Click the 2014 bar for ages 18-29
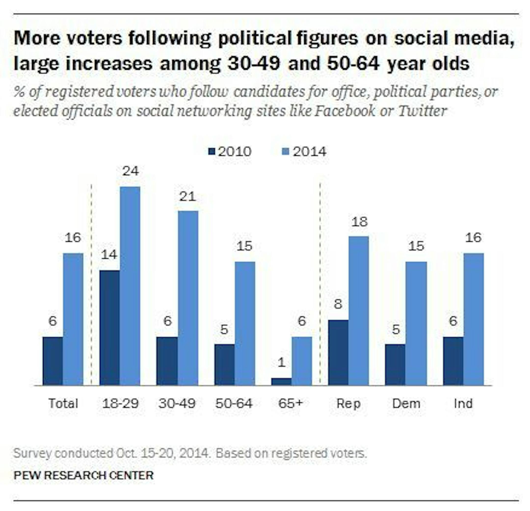(130, 286)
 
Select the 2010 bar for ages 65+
(281, 382)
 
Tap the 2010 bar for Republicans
(338, 353)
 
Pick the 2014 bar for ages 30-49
(188, 298)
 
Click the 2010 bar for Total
(53, 361)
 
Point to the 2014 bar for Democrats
(416, 323)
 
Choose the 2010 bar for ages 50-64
(225, 365)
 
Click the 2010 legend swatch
(212, 151)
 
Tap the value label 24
(131, 171)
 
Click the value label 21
(188, 196)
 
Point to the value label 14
(109, 255)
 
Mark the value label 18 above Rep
(360, 222)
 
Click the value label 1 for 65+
(281, 362)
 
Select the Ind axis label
(463, 403)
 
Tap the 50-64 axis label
(234, 403)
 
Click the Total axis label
(63, 403)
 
